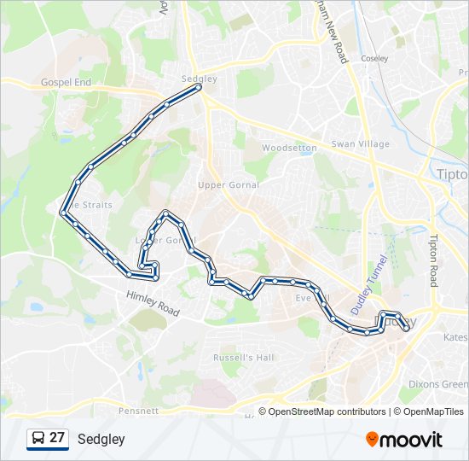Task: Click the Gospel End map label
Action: point(66,83)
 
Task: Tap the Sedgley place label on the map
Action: point(199,78)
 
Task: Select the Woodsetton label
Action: point(289,148)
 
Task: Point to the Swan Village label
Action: point(360,144)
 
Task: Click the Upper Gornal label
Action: point(228,184)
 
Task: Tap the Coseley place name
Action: point(374,59)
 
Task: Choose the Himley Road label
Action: point(153,304)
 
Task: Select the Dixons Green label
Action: point(437,384)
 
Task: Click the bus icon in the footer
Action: point(38,439)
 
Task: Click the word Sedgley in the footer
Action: point(101,440)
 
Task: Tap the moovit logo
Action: point(404,440)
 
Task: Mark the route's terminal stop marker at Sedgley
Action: point(199,87)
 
